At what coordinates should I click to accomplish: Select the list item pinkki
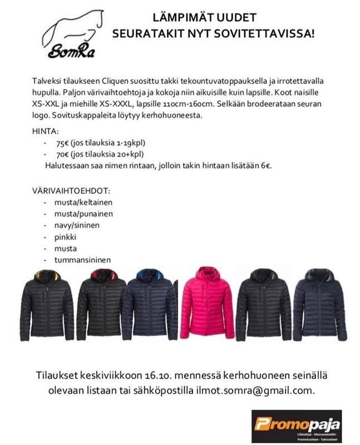click(65, 237)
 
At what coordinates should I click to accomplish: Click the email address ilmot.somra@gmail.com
click(268, 390)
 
